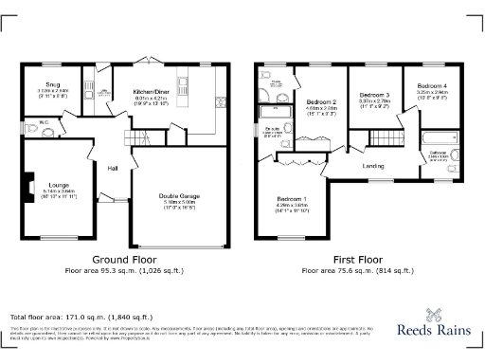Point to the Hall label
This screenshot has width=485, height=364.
pos(112,169)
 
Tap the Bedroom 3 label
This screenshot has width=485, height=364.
pos(374,96)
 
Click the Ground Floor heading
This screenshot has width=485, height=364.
pos(122,260)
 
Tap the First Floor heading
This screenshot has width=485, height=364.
pos(356,260)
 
